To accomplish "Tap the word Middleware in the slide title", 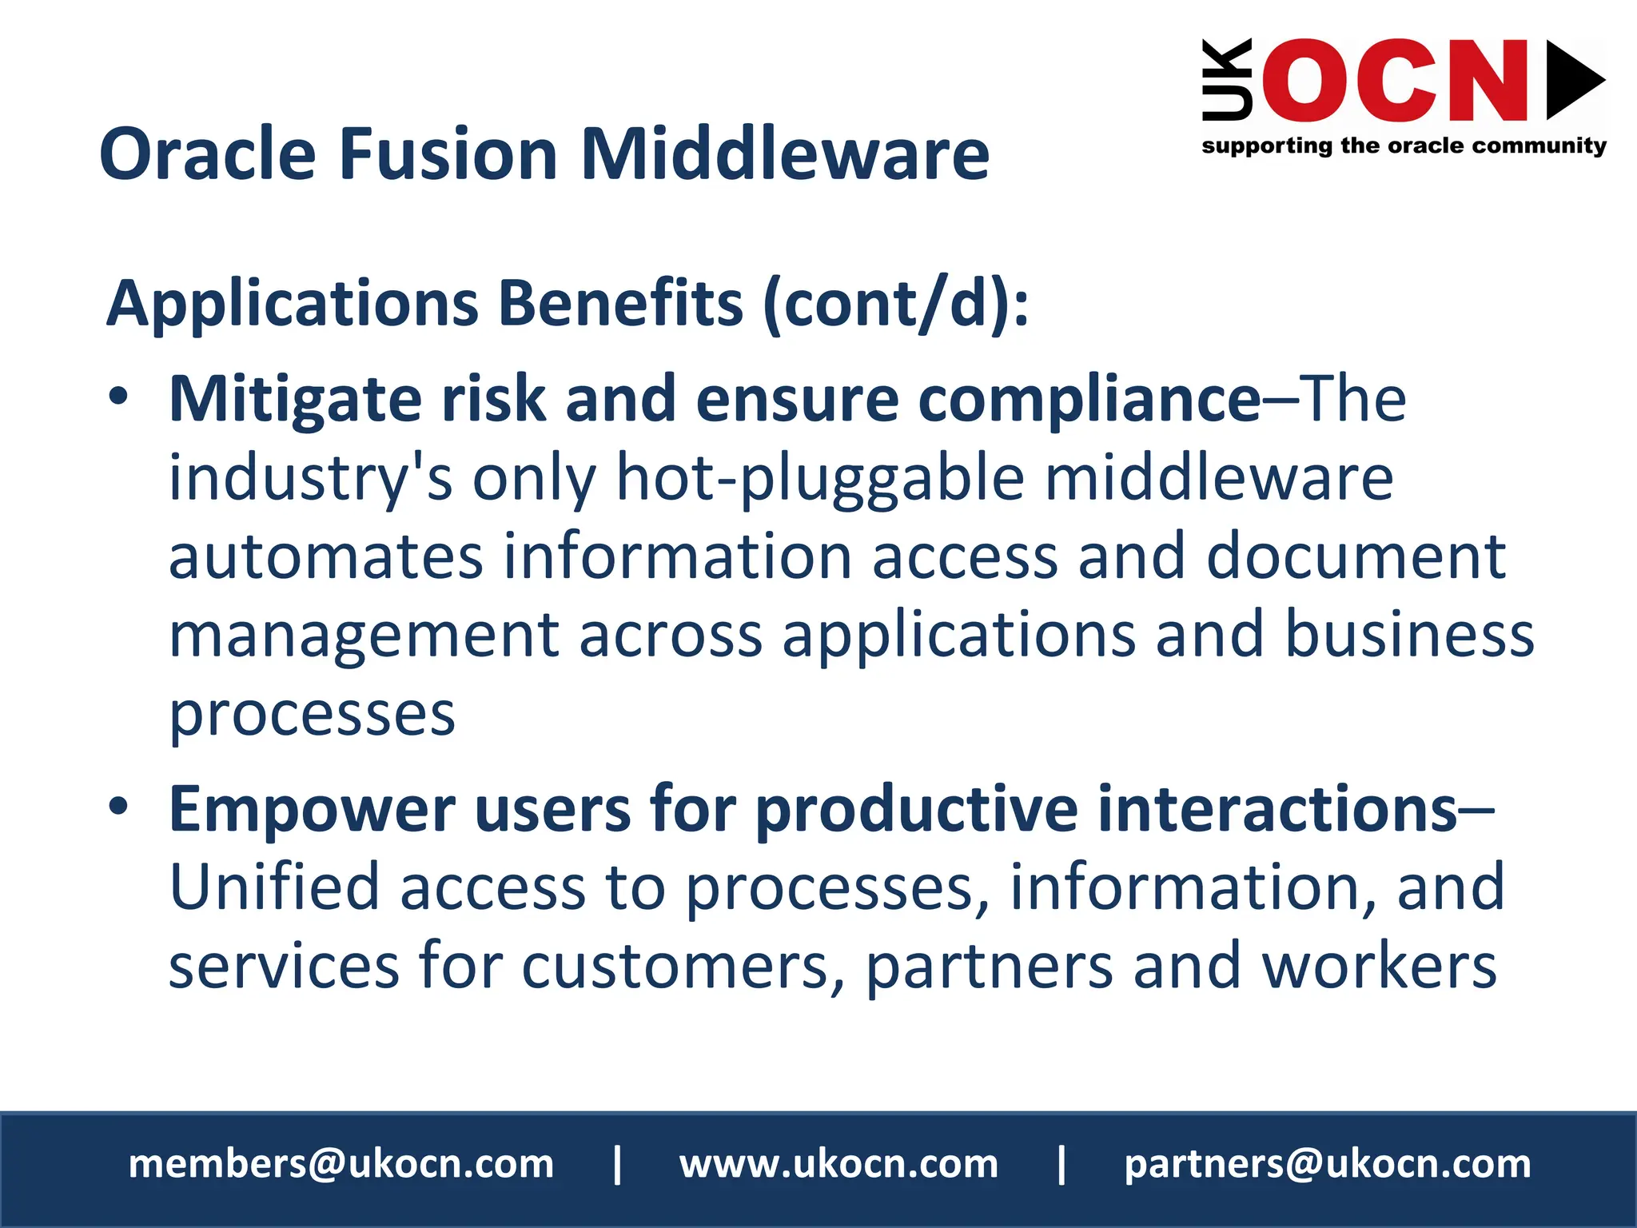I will pos(785,153).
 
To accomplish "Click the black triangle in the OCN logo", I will pos(1574,80).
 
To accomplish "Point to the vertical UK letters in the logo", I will pos(1226,80).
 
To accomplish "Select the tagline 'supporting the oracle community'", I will pos(1404,146).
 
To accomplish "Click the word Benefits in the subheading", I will pos(620,304).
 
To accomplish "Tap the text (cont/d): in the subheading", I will pos(895,304).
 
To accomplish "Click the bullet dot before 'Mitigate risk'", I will pos(118,397).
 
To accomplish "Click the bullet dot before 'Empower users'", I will pos(118,807).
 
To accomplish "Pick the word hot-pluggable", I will pos(820,478).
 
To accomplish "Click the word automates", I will pos(325,556).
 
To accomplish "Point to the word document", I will pos(1356,556).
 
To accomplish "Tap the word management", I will pos(364,636).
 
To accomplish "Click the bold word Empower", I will pos(312,811).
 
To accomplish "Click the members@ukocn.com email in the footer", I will pos(341,1164).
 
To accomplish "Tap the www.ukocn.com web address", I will pos(838,1164).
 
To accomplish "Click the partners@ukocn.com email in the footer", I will pos(1327,1164).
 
